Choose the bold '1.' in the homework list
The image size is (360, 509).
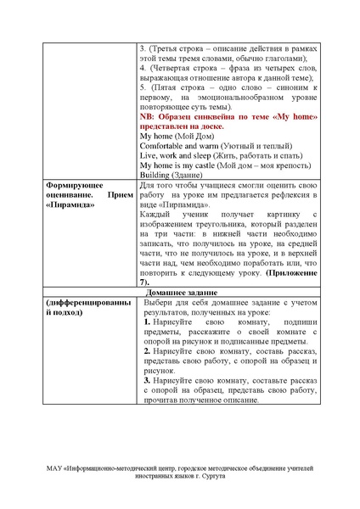148,323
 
